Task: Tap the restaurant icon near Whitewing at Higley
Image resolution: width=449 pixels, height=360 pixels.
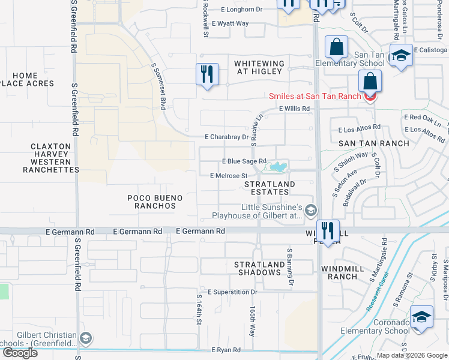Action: pyautogui.click(x=207, y=74)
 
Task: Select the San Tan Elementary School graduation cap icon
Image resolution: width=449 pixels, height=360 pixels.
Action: pyautogui.click(x=401, y=56)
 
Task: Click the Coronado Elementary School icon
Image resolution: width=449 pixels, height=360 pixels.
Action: pyautogui.click(x=421, y=317)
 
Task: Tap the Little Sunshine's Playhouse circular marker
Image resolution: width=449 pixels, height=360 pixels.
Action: pyautogui.click(x=310, y=210)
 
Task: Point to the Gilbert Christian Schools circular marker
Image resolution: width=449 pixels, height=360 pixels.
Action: pyautogui.click(x=86, y=339)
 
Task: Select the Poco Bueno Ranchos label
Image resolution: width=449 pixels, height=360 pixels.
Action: pyautogui.click(x=155, y=202)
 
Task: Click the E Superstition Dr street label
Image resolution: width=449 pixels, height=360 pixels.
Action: pyautogui.click(x=232, y=292)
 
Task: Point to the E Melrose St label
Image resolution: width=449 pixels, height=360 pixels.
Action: pyautogui.click(x=229, y=176)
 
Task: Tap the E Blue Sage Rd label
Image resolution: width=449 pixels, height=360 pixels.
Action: pyautogui.click(x=244, y=161)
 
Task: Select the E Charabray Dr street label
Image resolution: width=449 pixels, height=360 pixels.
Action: pyautogui.click(x=226, y=137)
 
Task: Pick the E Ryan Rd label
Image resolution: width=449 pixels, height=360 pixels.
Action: pyautogui.click(x=225, y=349)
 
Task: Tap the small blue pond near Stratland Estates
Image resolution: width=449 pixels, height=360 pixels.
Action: pyautogui.click(x=277, y=166)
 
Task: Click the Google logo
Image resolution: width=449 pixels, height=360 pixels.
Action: pyautogui.click(x=20, y=353)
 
